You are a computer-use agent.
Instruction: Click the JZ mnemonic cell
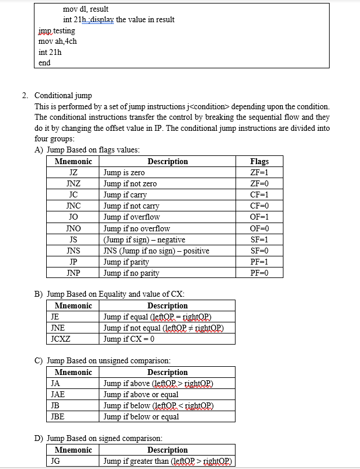(73, 173)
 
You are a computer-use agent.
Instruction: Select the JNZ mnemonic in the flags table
(73, 184)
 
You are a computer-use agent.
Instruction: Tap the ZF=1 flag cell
(259, 173)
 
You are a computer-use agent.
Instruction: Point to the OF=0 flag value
(259, 228)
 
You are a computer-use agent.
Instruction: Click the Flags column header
(259, 162)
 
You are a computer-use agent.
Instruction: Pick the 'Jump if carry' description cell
(125, 195)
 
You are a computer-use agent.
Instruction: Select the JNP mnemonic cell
(73, 273)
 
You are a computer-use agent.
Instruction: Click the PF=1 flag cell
(259, 262)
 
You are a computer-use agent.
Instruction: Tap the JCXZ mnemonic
(61, 339)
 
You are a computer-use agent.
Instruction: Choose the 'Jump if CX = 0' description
(129, 339)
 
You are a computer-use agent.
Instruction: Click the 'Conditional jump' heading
(63, 95)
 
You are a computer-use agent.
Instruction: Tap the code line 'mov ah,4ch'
(57, 41)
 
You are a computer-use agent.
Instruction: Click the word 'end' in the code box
(44, 62)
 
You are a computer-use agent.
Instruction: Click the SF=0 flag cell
(259, 251)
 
